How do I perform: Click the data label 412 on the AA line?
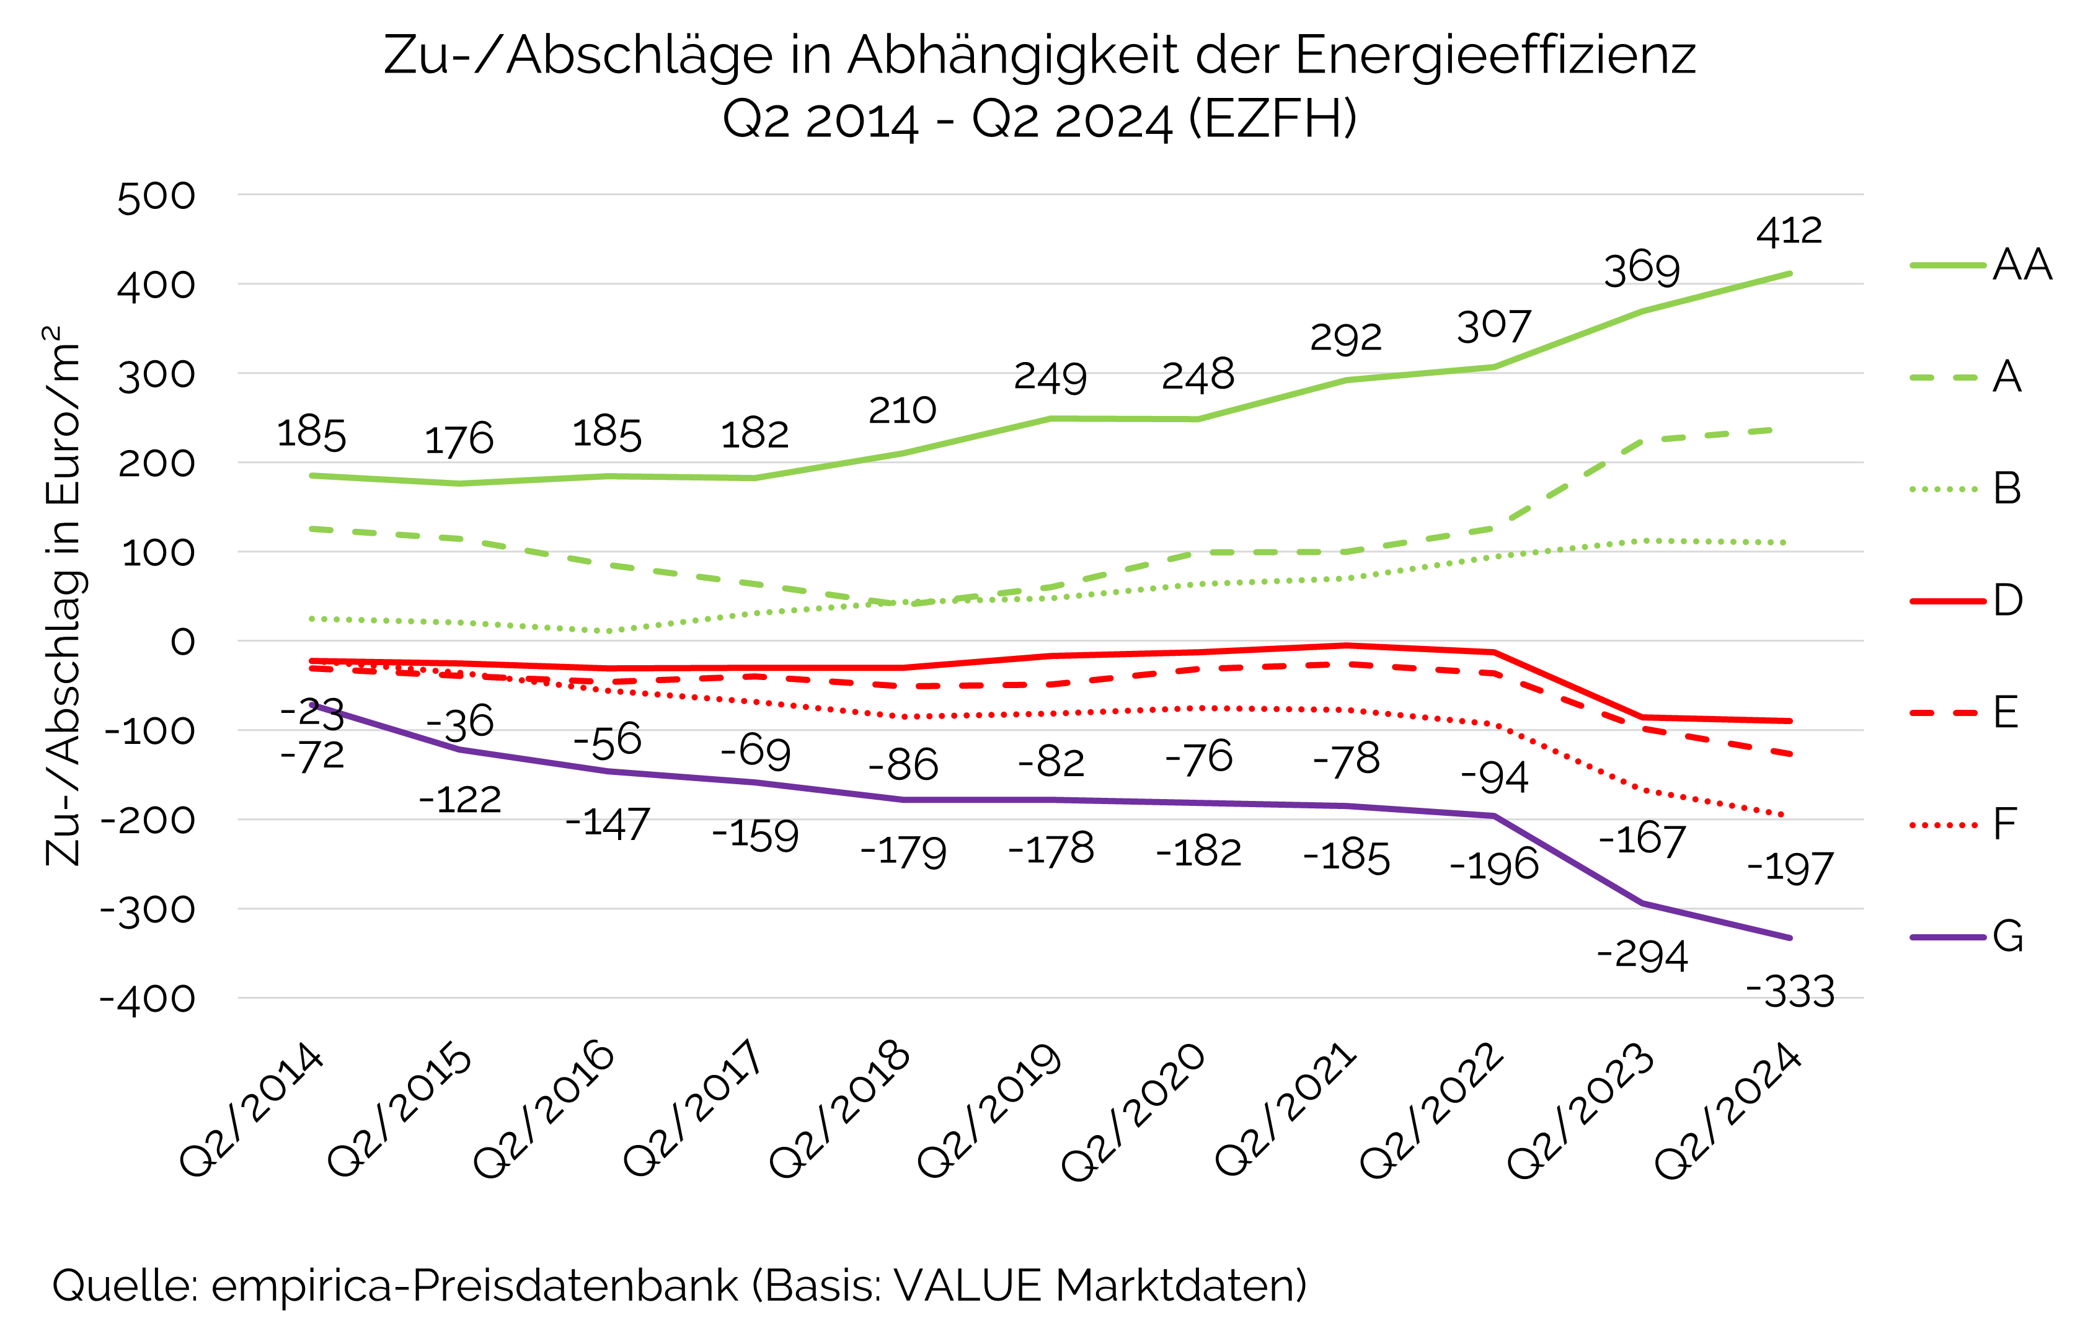[1789, 232]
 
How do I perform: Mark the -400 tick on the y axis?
[148, 999]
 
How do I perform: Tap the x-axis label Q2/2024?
[1728, 1110]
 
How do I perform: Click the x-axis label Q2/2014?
[251, 1110]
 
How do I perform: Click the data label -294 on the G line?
[1642, 956]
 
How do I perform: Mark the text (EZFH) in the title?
[1273, 120]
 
